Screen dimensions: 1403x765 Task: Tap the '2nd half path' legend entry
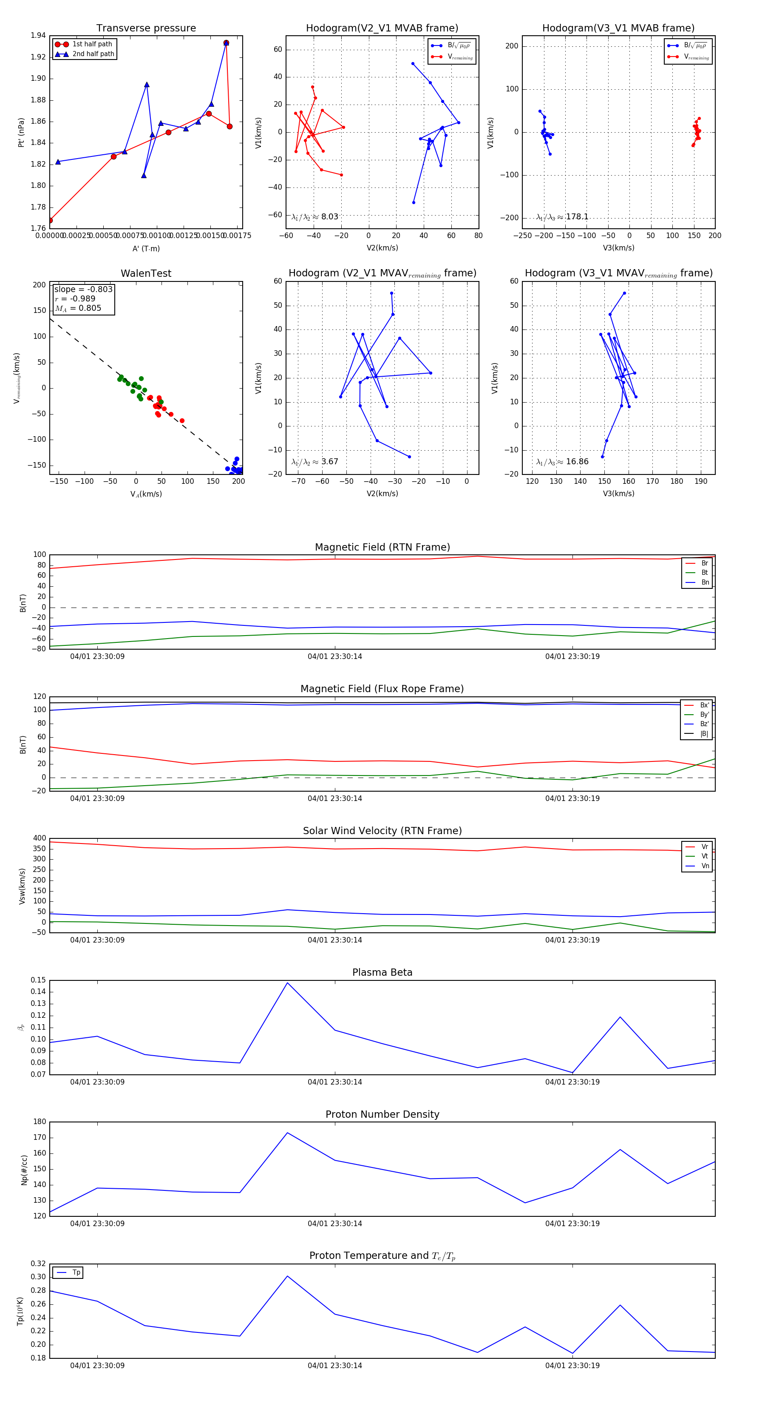tap(93, 54)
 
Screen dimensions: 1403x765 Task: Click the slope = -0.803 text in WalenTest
tap(83, 289)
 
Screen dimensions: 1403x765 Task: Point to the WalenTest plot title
tap(146, 273)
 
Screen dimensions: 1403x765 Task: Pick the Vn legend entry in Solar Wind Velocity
tap(705, 866)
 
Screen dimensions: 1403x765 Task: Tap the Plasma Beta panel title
tap(382, 972)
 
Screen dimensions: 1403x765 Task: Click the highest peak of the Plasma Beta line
tap(287, 983)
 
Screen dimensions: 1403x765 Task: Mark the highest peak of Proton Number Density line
tap(287, 1133)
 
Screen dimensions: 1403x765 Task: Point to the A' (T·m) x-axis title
tap(146, 248)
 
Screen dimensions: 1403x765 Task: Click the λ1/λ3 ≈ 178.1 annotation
tap(562, 217)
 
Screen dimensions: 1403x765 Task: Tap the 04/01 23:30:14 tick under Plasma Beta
tap(334, 1082)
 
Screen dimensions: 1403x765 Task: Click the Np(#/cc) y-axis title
tap(24, 1169)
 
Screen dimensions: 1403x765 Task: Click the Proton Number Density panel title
tap(382, 1114)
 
